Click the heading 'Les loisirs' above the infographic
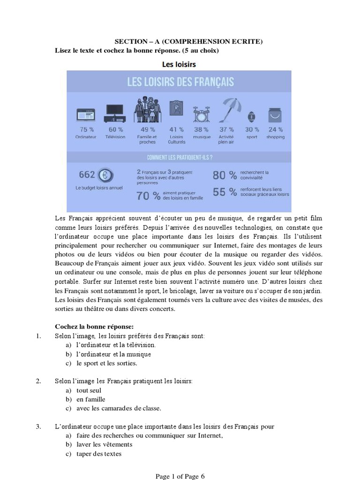point(179,64)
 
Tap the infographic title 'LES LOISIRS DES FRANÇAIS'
point(180,82)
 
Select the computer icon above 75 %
point(86,115)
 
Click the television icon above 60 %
point(115,113)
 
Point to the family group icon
point(147,110)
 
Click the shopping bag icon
point(275,115)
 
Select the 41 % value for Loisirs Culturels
point(176,129)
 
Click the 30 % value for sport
point(252,129)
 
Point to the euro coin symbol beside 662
point(105,175)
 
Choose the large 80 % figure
point(225,175)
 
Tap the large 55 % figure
point(225,192)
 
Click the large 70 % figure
point(148,196)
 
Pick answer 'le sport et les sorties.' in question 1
point(107,363)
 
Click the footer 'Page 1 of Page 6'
point(180,476)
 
